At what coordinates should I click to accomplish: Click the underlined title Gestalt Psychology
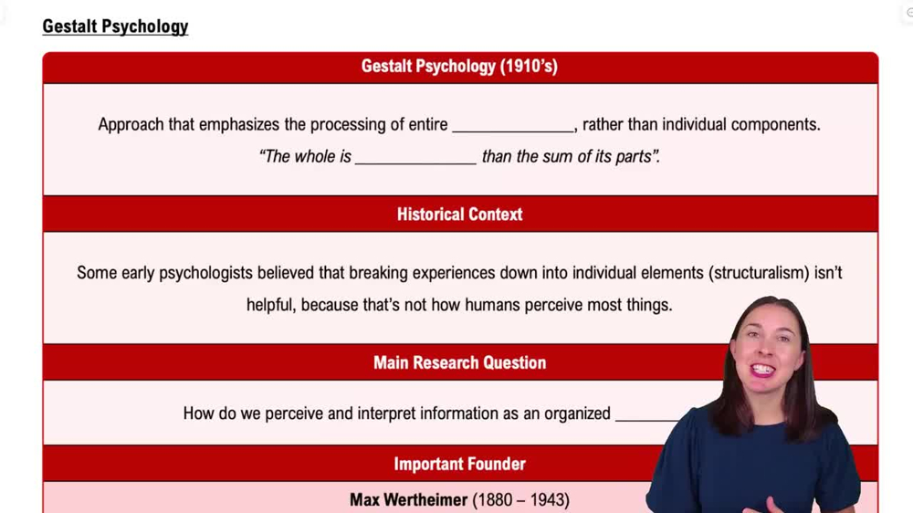tap(115, 26)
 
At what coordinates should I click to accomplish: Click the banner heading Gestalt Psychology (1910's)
tap(459, 67)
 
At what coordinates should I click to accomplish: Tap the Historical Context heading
tap(459, 215)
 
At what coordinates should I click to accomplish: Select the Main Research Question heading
tap(459, 362)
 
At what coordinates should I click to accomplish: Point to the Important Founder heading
tap(459, 464)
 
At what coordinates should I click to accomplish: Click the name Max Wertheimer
tap(408, 499)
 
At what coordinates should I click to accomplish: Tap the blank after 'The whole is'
tap(415, 158)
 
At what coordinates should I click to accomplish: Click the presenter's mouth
tap(762, 370)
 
